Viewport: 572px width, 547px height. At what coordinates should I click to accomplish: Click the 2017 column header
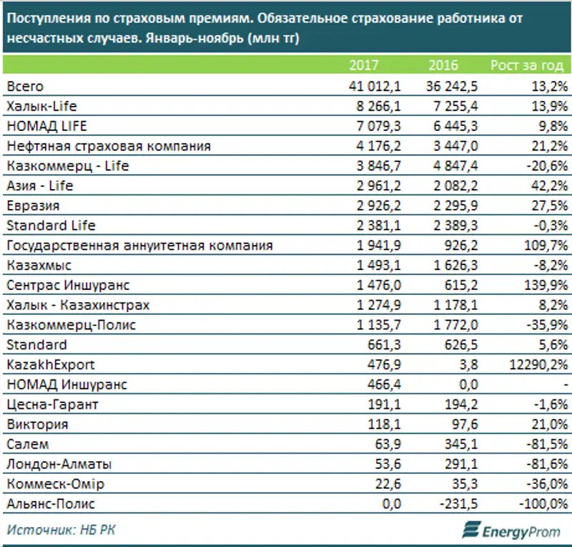coord(363,66)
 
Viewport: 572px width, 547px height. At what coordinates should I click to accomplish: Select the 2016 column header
coord(443,66)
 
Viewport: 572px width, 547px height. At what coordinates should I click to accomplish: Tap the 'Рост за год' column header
coord(527,66)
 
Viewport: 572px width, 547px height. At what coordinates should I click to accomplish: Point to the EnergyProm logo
coord(511,531)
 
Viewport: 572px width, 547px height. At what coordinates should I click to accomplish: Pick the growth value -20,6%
coord(548,166)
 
